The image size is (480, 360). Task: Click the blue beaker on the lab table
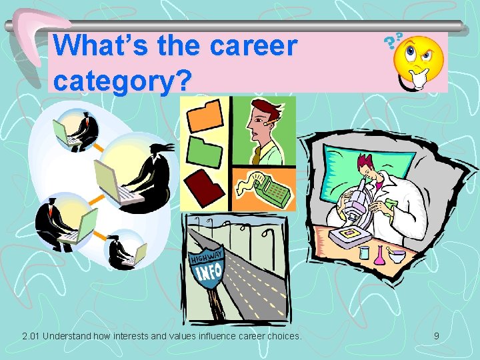click(x=363, y=253)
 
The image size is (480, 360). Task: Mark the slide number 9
click(x=436, y=336)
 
